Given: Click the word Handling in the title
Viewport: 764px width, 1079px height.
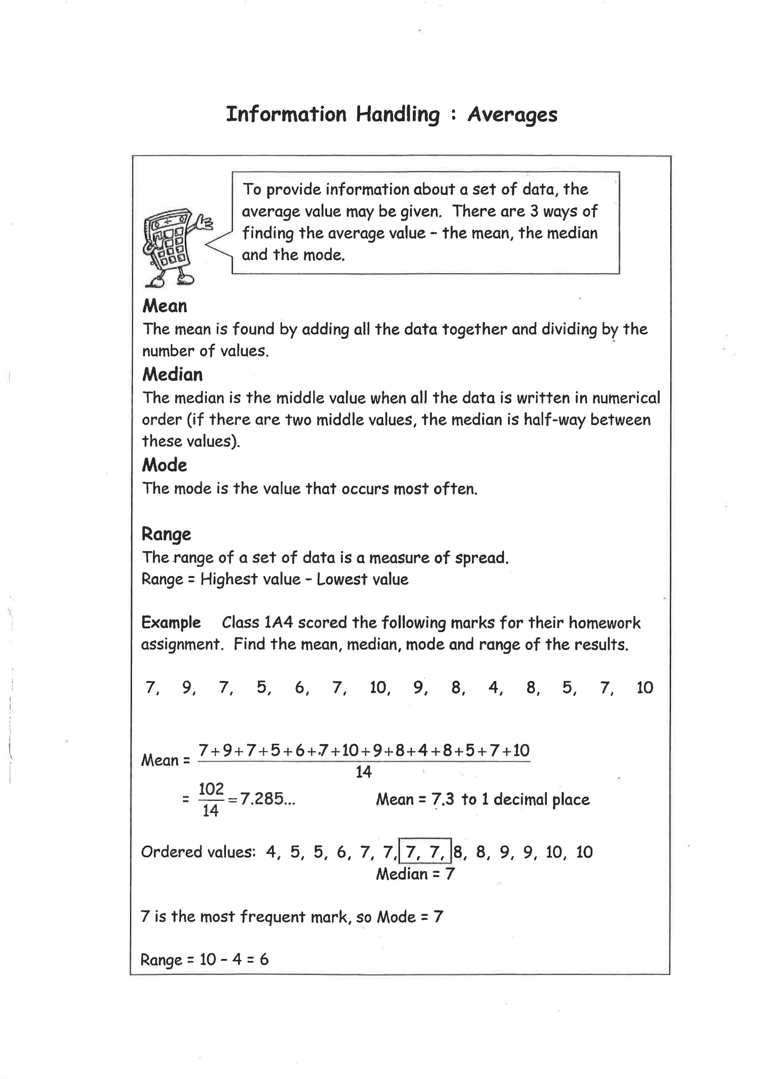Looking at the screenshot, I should (x=398, y=115).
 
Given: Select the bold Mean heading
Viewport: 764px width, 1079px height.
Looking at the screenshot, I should (x=165, y=306).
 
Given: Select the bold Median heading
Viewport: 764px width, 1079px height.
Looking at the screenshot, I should (x=172, y=375).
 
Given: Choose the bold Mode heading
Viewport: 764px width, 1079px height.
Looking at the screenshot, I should (x=164, y=465).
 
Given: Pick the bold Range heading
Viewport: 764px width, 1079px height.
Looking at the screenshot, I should (x=166, y=534).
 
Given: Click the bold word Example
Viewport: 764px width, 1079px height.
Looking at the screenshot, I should (x=171, y=622).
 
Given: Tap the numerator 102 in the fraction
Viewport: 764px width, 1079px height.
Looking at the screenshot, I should (x=211, y=789).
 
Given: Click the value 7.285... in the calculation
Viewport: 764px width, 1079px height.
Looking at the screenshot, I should (x=267, y=799).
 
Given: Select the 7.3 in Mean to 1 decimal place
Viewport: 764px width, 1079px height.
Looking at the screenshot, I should (x=443, y=800).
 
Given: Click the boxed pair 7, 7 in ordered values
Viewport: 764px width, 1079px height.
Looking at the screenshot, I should (x=425, y=852).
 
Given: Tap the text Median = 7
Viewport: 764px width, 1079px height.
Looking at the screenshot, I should (x=415, y=874).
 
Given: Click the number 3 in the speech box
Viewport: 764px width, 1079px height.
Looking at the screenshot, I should (x=534, y=212).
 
